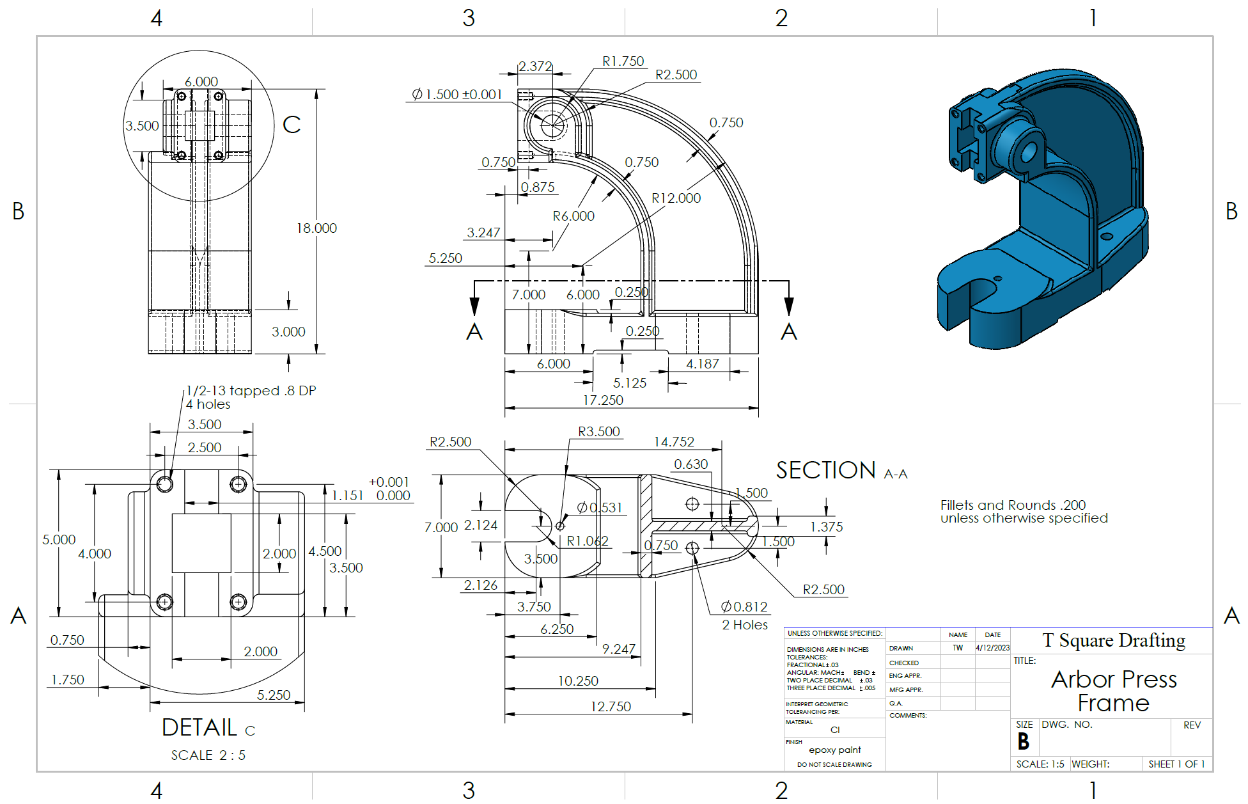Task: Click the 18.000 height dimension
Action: click(316, 228)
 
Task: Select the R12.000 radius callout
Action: click(676, 198)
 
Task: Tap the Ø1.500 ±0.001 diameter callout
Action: click(457, 95)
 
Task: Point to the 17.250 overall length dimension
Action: click(603, 400)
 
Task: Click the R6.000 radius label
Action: click(573, 216)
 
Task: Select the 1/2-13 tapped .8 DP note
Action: click(251, 391)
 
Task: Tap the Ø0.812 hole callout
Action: click(744, 607)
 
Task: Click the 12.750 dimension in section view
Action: click(611, 707)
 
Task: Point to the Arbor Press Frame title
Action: click(1114, 691)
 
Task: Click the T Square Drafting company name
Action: click(1114, 640)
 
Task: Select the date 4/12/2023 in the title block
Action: click(992, 648)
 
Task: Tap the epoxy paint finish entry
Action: click(834, 750)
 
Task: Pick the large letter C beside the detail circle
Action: click(292, 125)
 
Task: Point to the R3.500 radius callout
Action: click(599, 432)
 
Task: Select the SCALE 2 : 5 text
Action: click(208, 755)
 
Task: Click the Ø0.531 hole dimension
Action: click(600, 508)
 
